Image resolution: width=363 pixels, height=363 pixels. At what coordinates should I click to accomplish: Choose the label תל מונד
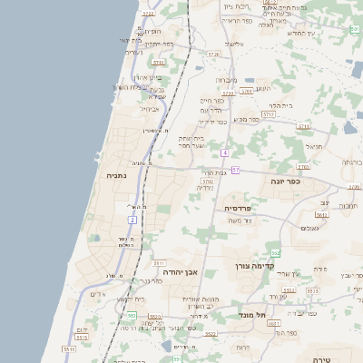pos(254,315)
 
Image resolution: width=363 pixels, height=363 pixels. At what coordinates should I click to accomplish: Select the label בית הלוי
pos(280,106)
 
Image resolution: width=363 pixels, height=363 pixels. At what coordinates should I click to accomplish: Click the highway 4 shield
pos(224,152)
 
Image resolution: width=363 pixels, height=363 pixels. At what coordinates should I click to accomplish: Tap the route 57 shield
pos(235,170)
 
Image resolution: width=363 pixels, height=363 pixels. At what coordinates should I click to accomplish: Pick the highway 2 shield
pos(132,220)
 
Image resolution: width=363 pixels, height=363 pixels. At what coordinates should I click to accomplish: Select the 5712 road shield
pos(268,114)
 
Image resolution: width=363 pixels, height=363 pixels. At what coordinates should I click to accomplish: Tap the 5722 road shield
pos(148,14)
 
